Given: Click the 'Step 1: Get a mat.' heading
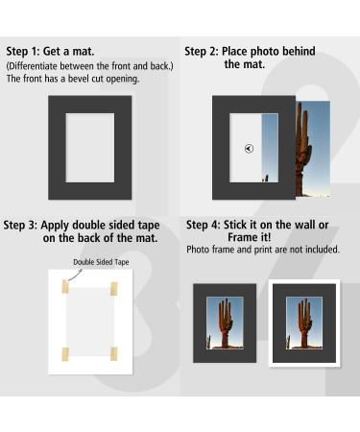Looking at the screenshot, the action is coord(50,52).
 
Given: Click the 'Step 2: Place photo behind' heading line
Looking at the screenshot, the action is coord(250,52).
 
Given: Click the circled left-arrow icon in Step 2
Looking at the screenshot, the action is coord(249,149).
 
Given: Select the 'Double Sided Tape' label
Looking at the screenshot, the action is coord(101,262).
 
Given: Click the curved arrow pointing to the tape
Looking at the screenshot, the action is coord(75,276).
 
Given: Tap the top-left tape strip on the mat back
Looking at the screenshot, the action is coord(65,286).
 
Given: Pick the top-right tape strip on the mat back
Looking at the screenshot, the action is coord(114,289).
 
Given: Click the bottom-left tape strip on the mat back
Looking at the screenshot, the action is coord(65,354).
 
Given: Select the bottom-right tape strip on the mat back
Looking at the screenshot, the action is coord(114,353).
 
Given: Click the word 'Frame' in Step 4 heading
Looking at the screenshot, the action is coord(244,237).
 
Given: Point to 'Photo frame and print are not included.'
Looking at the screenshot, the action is coord(263,250).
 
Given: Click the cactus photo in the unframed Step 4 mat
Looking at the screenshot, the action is coord(225,323).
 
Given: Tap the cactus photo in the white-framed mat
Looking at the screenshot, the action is coord(304,323).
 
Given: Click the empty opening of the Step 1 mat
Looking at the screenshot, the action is coord(90,148).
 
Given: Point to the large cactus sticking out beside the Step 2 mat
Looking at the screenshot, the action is coord(303,150).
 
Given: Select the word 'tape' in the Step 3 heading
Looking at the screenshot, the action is coord(149,226).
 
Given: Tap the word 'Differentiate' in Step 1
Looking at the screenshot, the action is coord(32,66).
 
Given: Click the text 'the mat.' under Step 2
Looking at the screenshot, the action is coord(245,64).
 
